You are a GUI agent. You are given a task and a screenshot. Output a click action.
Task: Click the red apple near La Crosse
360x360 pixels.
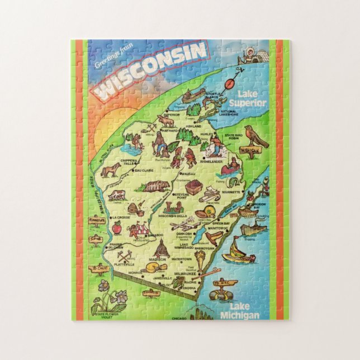117,228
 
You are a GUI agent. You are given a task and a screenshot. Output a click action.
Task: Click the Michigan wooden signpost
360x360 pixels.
251,151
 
